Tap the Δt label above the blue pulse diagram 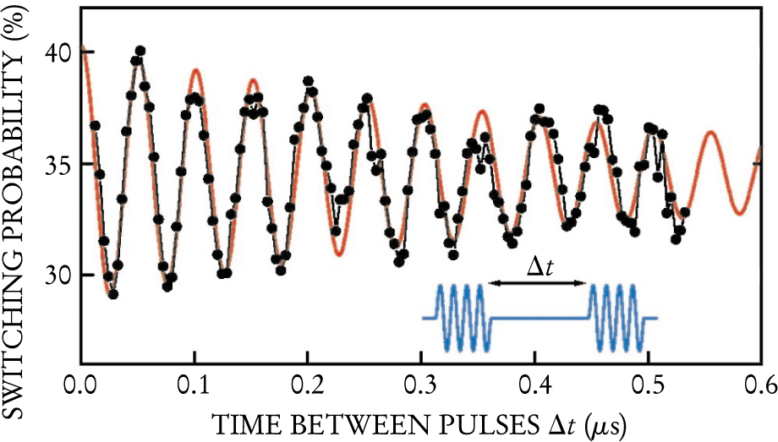(x=541, y=268)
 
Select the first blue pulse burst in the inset (x=461, y=317)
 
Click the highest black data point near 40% (x=140, y=52)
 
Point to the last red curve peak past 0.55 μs (x=711, y=133)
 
